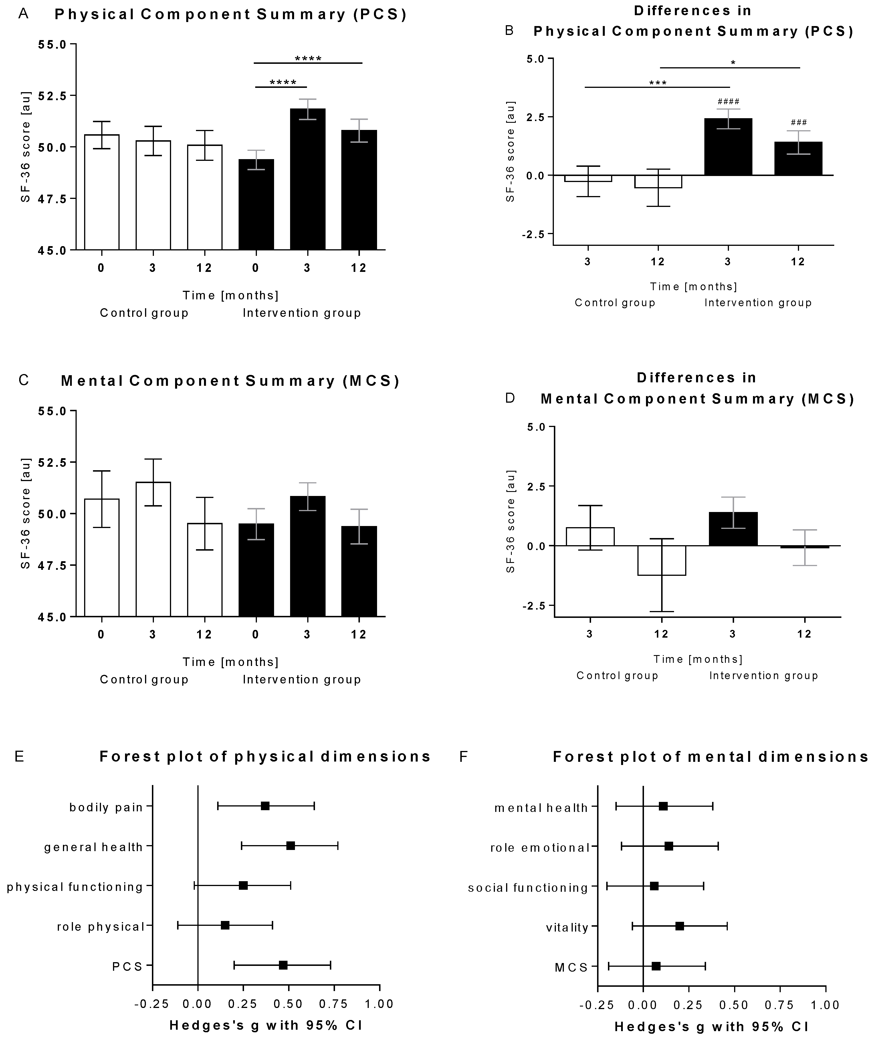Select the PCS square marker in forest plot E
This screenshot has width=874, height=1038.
(x=283, y=965)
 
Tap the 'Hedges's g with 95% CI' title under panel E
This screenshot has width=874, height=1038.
(x=266, y=1025)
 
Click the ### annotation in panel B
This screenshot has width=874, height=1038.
(x=799, y=122)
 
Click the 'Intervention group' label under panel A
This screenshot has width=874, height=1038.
(x=302, y=313)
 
